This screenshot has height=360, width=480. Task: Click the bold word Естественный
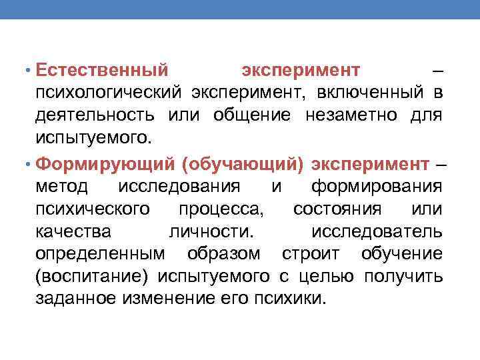click(101, 70)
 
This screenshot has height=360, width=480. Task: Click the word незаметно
click(349, 116)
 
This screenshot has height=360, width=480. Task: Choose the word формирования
click(377, 186)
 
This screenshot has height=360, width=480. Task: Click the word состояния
click(337, 209)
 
